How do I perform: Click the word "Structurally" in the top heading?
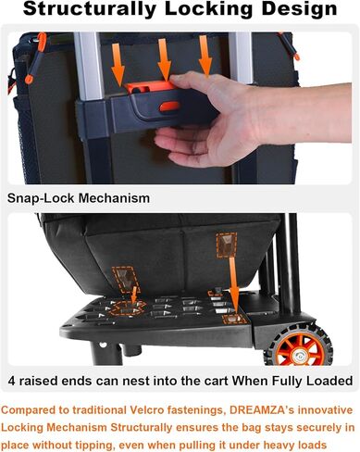coord(91,9)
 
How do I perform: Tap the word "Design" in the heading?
coord(299,9)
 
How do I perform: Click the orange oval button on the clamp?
coord(169,107)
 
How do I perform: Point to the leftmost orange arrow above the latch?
coord(118,65)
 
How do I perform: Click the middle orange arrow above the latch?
coord(164,59)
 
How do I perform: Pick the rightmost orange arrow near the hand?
coord(205,56)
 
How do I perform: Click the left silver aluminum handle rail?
coord(89,66)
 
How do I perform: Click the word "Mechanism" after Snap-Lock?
coord(114,198)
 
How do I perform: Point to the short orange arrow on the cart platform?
coord(134,295)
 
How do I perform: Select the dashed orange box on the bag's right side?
coord(227,245)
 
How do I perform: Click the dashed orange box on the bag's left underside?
coord(125,280)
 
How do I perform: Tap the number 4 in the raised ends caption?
coord(11,381)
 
